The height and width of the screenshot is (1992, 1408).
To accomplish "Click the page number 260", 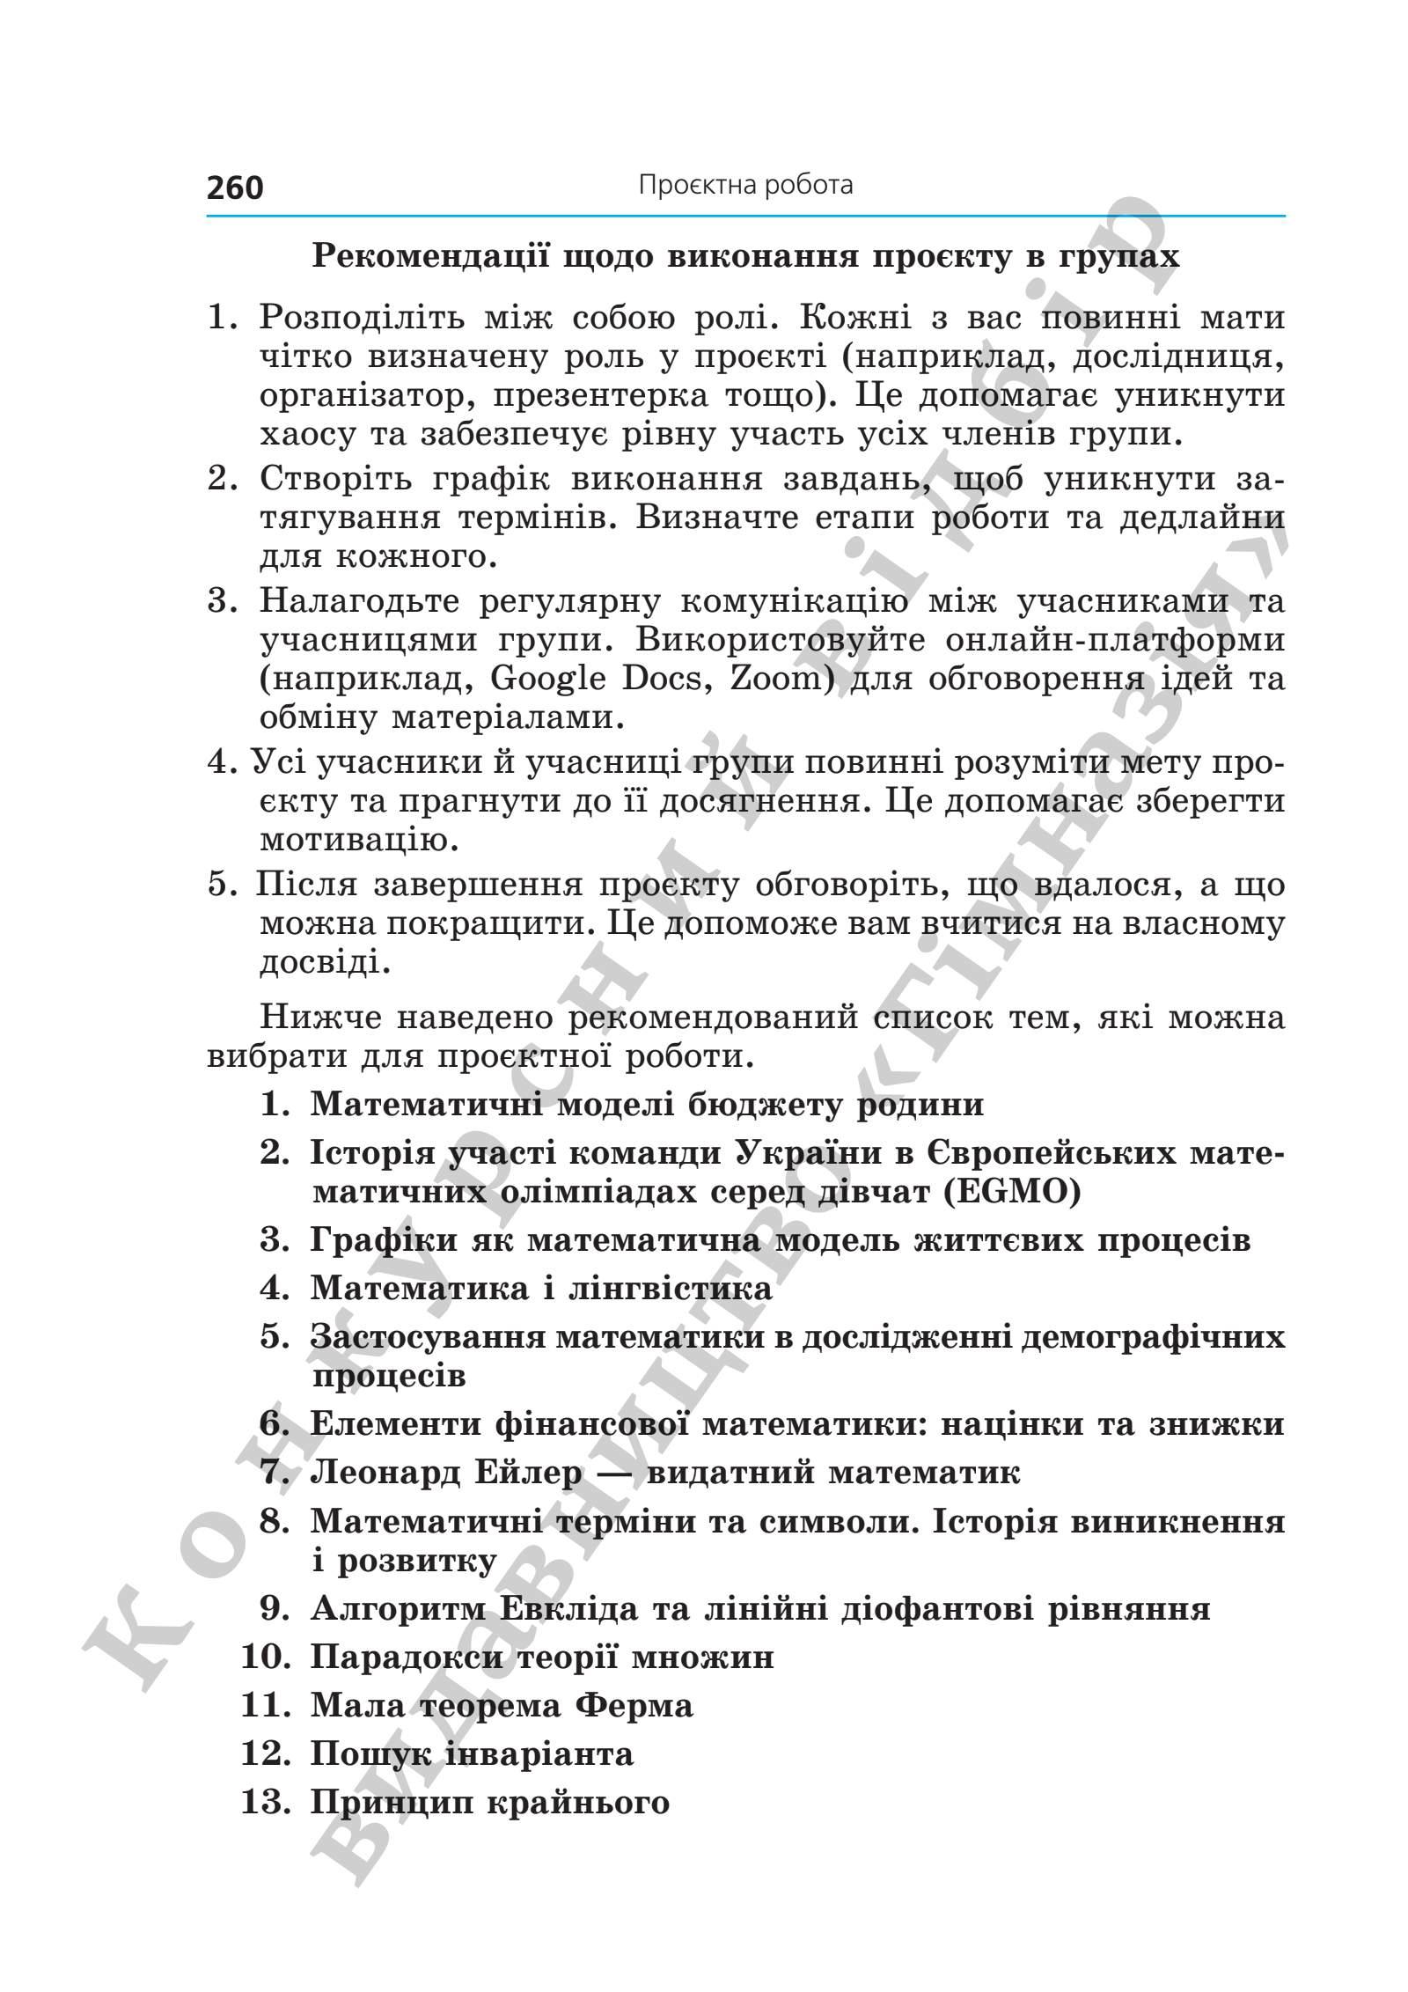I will pyautogui.click(x=235, y=187).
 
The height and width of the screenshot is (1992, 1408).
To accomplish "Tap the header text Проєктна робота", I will pyautogui.click(x=745, y=186).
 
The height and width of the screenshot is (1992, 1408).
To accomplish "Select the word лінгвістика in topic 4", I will pyautogui.click(x=671, y=1289).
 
